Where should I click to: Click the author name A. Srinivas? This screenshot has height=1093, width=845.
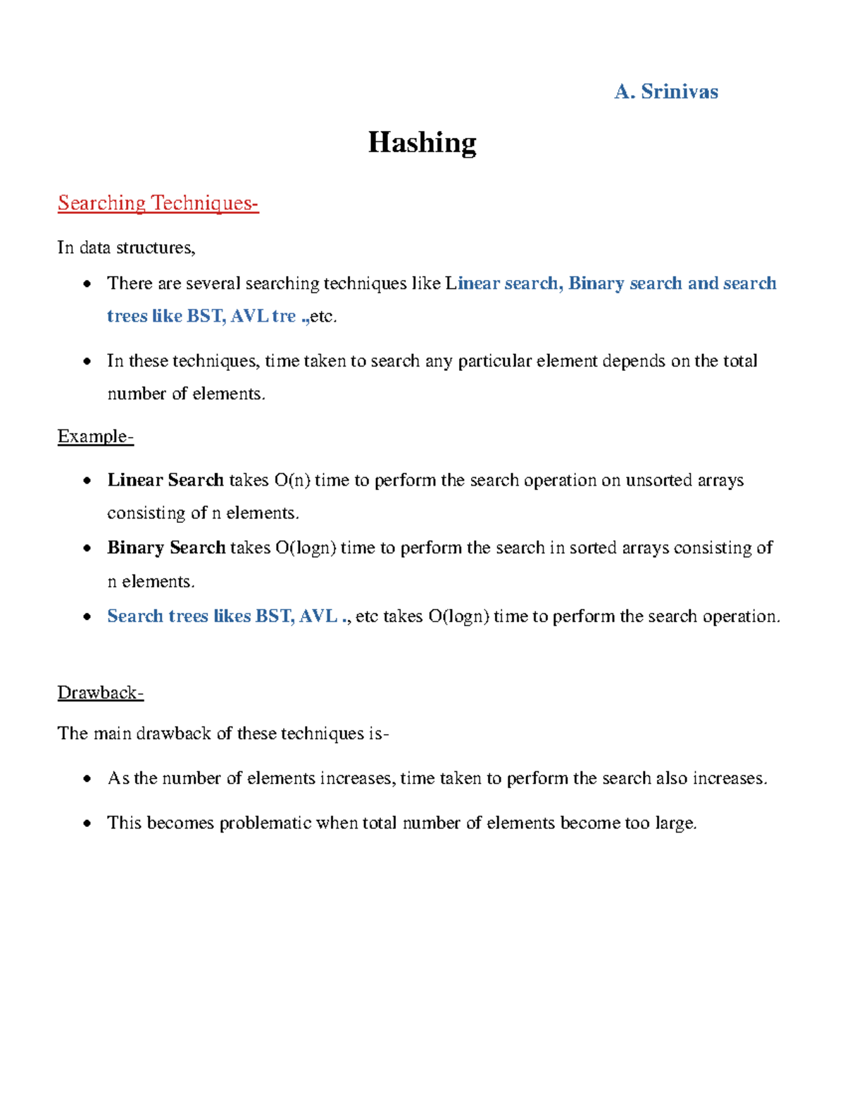coord(665,91)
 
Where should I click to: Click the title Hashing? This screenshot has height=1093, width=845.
coord(422,142)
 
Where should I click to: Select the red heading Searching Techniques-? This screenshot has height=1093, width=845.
coord(158,203)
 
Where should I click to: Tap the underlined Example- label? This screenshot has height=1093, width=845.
coord(95,436)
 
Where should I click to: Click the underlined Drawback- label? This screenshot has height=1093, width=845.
coord(100,693)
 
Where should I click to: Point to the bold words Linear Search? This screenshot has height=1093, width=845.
coord(165,480)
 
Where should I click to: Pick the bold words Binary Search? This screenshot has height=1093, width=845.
coord(166,548)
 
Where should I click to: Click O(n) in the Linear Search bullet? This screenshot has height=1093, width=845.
coord(292,480)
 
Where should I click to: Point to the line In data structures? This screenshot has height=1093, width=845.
coord(126,248)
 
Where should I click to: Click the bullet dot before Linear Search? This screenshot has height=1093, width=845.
coord(87,481)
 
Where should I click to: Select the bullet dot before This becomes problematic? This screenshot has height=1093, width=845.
coord(87,823)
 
